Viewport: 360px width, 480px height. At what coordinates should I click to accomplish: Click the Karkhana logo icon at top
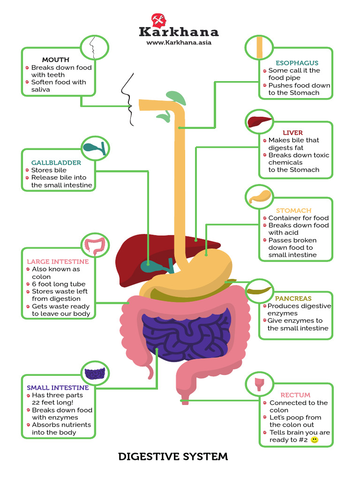pyautogui.click(x=157, y=20)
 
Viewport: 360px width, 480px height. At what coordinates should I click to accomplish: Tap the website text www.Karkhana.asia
pyautogui.click(x=179, y=42)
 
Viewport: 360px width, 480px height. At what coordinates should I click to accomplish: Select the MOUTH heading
pyautogui.click(x=55, y=60)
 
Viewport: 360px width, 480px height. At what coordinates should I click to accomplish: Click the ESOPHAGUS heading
pyautogui.click(x=297, y=63)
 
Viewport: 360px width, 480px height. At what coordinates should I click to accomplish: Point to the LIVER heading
pyautogui.click(x=292, y=133)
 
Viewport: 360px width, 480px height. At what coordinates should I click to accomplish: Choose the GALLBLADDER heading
pyautogui.click(x=56, y=163)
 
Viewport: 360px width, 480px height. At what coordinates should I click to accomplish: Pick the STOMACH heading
pyautogui.click(x=293, y=210)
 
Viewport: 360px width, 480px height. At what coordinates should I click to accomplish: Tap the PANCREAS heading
pyautogui.click(x=293, y=298)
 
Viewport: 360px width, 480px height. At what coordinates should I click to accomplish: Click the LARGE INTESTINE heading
pyautogui.click(x=58, y=262)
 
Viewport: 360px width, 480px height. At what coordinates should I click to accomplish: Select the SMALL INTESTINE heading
pyautogui.click(x=58, y=388)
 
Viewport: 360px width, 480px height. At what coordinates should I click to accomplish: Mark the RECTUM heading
pyautogui.click(x=295, y=395)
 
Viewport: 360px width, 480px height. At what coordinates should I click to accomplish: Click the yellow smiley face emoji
pyautogui.click(x=315, y=440)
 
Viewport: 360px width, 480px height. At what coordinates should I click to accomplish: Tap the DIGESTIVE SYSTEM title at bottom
pyautogui.click(x=173, y=456)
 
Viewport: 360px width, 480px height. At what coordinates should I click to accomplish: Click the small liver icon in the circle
pyautogui.click(x=260, y=122)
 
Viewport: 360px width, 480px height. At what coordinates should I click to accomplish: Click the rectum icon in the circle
pyautogui.click(x=259, y=384)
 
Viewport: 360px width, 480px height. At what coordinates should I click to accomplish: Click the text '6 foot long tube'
pyautogui.click(x=59, y=284)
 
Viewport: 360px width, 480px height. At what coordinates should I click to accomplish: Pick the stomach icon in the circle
pyautogui.click(x=260, y=196)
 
